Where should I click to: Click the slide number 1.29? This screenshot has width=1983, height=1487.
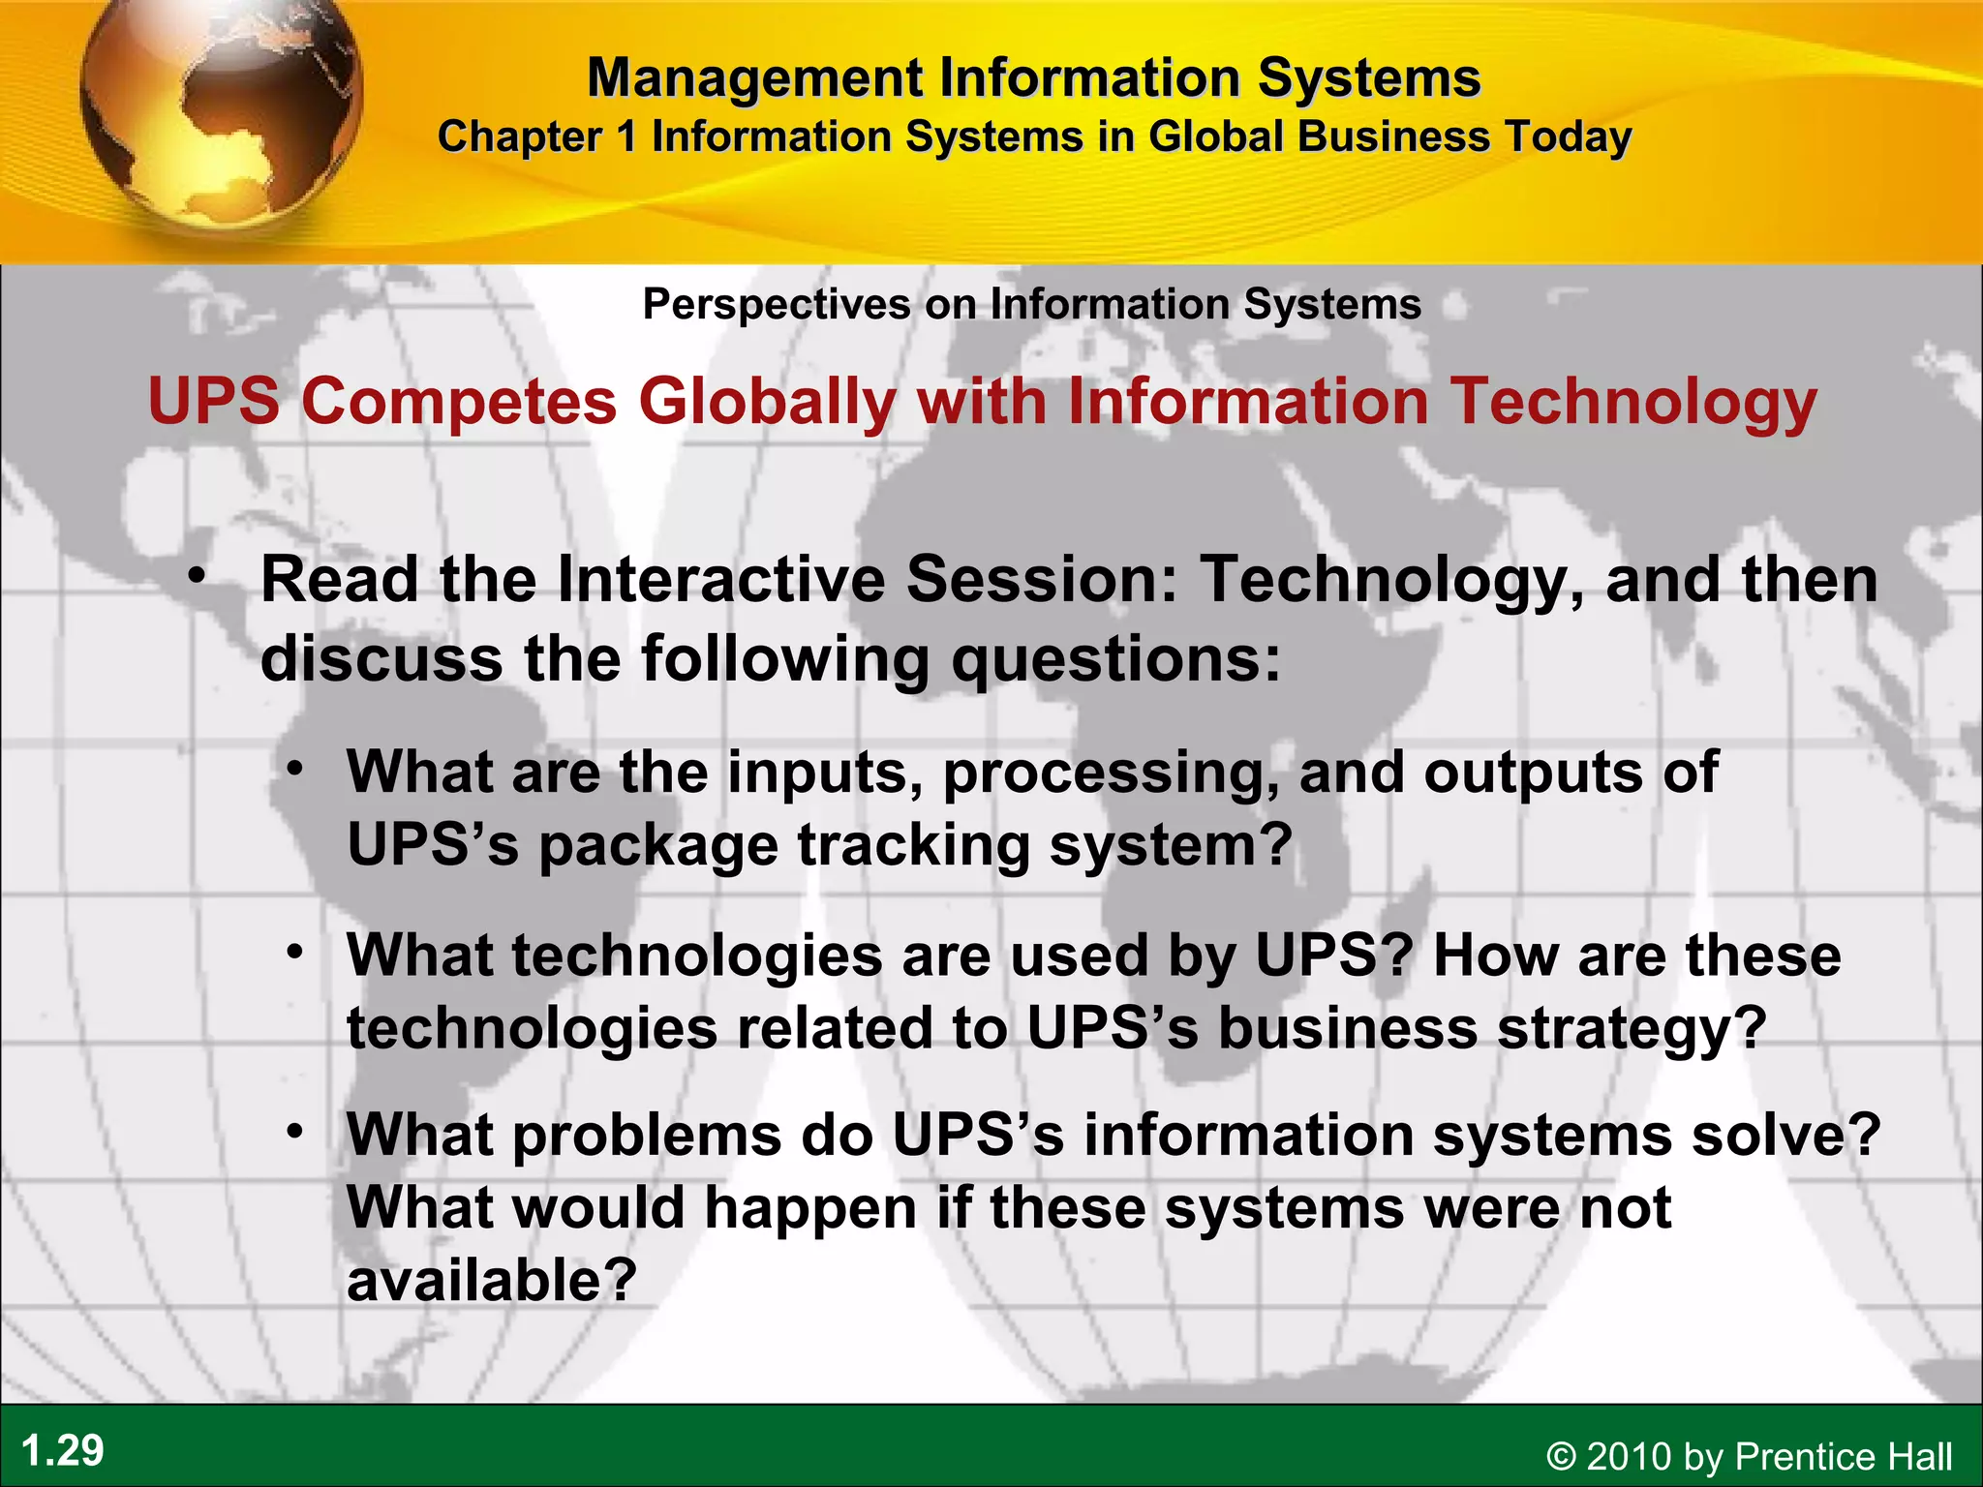pyautogui.click(x=62, y=1451)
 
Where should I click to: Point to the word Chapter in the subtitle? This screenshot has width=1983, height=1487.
pyautogui.click(x=520, y=137)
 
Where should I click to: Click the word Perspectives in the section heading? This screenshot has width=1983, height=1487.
pyautogui.click(x=777, y=305)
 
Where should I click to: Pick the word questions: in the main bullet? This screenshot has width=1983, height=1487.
pyautogui.click(x=1115, y=658)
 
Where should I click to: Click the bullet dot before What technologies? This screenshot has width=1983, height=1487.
pyautogui.click(x=295, y=952)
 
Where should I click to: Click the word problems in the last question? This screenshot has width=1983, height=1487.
pyautogui.click(x=647, y=1135)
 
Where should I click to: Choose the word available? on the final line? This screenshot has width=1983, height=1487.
pyautogui.click(x=492, y=1280)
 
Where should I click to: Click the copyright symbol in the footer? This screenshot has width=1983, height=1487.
pyautogui.click(x=1561, y=1457)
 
